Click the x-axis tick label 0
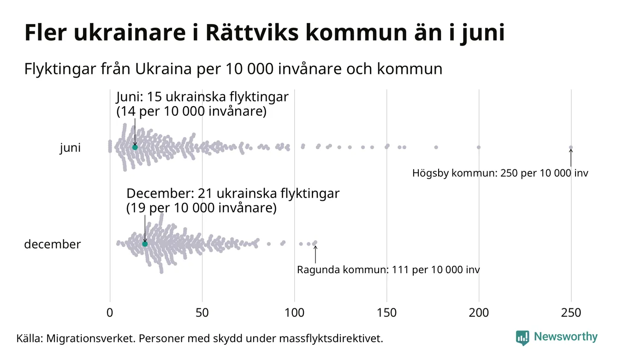point(110,313)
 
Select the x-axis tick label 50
point(202,313)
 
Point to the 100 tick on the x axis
point(294,313)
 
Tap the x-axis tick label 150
point(386,313)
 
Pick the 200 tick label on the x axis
point(479,313)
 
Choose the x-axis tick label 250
point(571,313)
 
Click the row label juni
point(70,148)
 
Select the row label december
point(52,244)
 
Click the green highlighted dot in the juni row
point(135,147)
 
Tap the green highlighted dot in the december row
point(145,244)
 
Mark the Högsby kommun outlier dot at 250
point(571,148)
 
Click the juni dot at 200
point(479,147)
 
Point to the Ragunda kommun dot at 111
point(315,242)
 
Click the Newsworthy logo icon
point(523,337)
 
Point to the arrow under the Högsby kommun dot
point(571,158)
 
